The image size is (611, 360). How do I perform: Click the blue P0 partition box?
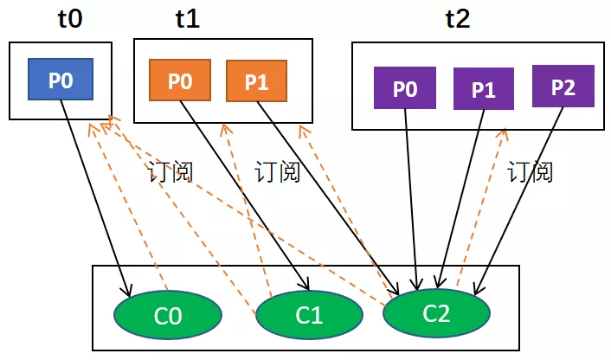[61, 80]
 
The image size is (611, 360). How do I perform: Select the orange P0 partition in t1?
[179, 80]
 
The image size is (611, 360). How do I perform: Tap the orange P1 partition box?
[256, 82]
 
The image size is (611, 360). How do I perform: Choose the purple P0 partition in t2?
[404, 88]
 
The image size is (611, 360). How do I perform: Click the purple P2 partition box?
[563, 87]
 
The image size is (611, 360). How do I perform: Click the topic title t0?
[69, 20]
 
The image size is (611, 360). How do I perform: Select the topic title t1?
[186, 20]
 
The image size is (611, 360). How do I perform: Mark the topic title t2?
[457, 20]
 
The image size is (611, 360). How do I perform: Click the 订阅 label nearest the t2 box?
[530, 172]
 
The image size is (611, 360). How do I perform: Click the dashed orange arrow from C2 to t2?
[480, 208]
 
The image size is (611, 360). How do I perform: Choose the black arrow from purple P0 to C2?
[412, 199]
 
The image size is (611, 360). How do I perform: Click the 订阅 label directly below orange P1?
[277, 172]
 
